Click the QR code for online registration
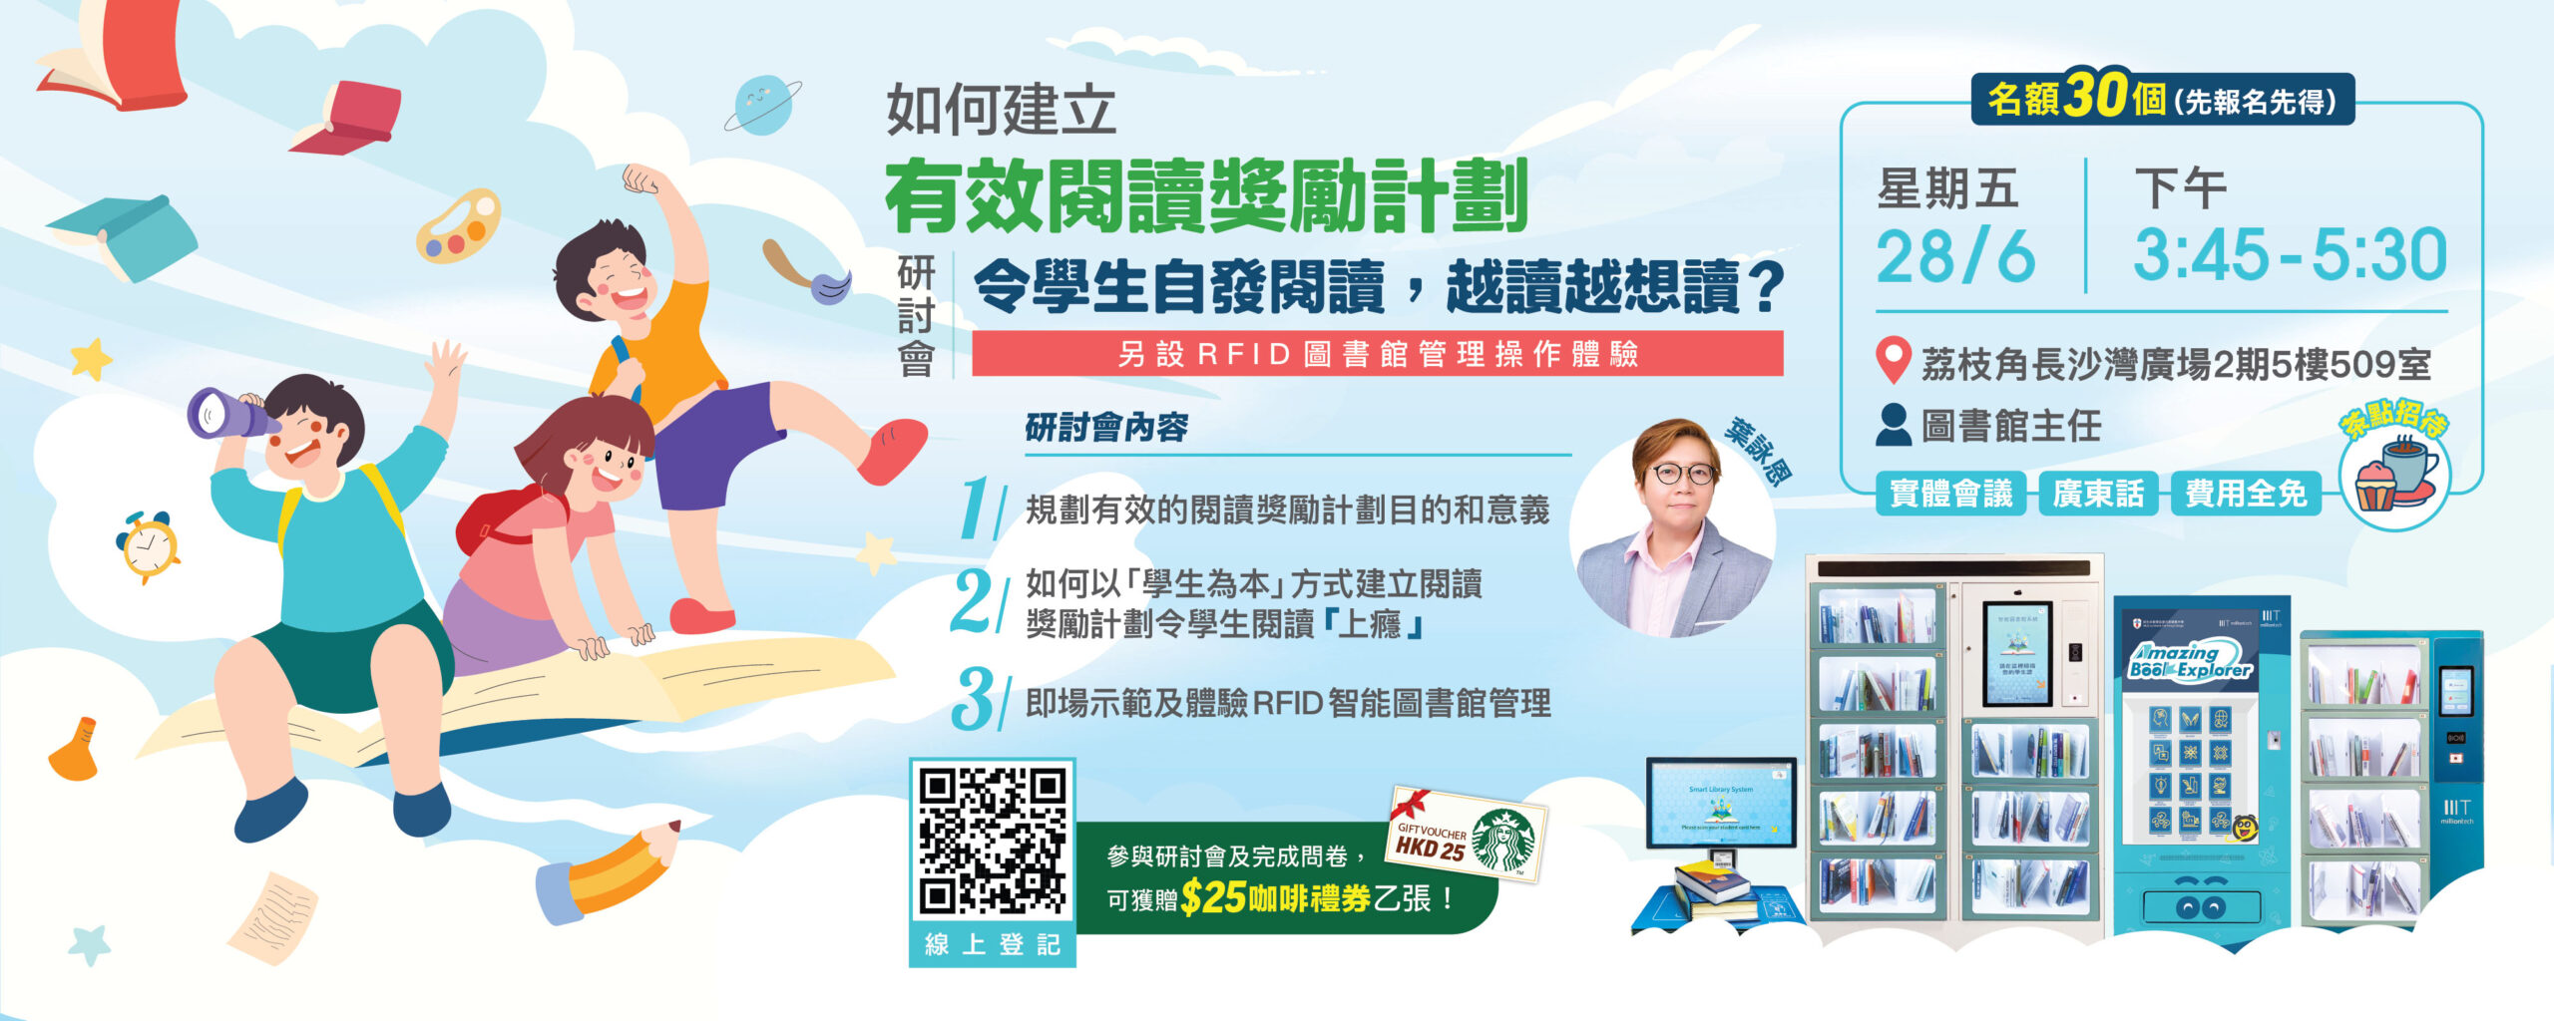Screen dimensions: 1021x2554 pos(992,842)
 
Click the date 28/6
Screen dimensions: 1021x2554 pos(1954,256)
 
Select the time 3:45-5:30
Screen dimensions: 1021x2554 pos(2290,255)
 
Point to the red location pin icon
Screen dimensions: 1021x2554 pos(1893,361)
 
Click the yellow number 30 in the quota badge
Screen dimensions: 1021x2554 pos(2096,97)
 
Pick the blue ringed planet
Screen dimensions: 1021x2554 pos(762,105)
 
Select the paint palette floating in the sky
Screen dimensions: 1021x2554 pos(458,227)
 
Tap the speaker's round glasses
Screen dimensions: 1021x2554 pos(1684,474)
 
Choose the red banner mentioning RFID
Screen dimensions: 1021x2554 pos(1377,354)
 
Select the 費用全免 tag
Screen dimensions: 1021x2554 pos(2246,494)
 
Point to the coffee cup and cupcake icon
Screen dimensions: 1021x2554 pos(2394,478)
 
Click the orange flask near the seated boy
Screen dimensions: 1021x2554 pos(76,749)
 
